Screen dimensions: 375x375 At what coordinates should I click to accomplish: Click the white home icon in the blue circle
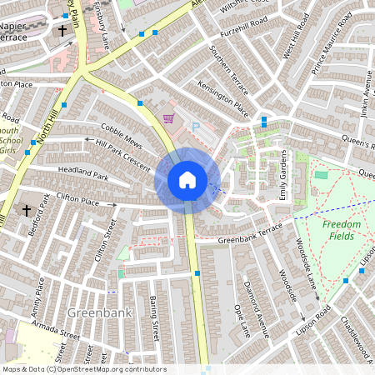[187, 180]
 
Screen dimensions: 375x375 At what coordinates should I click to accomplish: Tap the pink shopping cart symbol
[168, 119]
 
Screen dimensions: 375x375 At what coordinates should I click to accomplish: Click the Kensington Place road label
[222, 98]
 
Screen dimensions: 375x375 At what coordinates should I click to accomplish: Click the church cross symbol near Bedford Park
[26, 210]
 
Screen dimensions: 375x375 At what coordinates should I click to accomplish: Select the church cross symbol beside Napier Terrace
[62, 31]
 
